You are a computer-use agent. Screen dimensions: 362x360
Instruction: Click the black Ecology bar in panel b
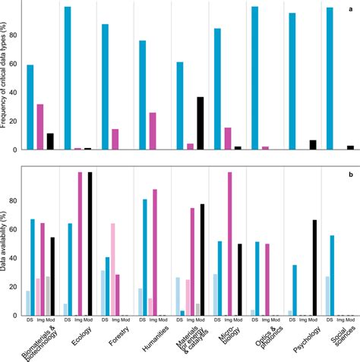[89, 243]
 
